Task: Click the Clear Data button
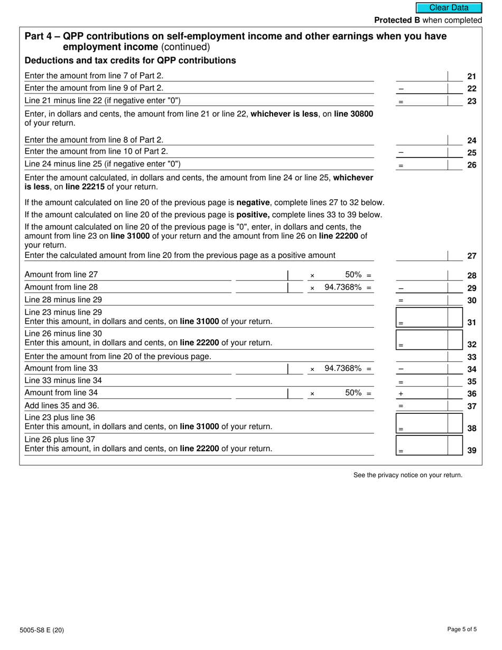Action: tap(449, 8)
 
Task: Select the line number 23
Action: tap(472, 101)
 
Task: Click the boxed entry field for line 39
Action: tap(423, 445)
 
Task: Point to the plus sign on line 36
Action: tap(401, 394)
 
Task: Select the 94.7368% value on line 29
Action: tap(343, 287)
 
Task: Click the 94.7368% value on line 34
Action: tap(343, 368)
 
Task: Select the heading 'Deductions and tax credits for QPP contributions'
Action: tap(130, 60)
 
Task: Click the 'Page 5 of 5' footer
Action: tap(462, 629)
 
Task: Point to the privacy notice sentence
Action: tap(407, 475)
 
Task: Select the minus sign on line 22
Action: tap(401, 89)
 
